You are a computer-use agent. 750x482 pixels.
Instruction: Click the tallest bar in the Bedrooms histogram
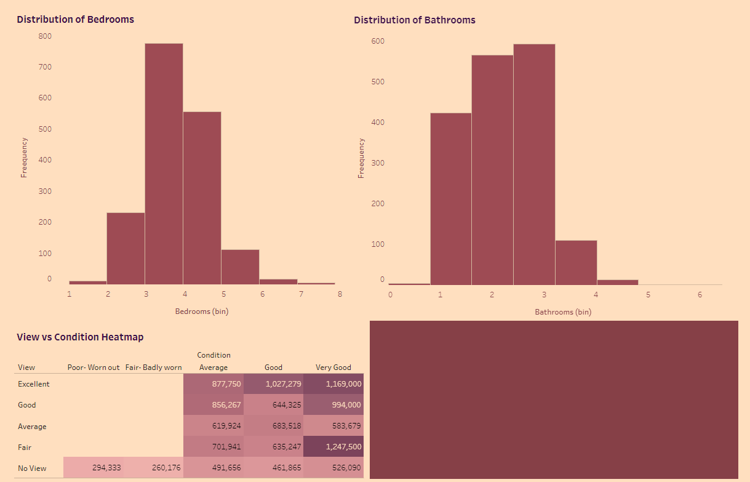tap(164, 163)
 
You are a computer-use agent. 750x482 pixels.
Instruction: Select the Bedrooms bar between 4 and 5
tap(202, 197)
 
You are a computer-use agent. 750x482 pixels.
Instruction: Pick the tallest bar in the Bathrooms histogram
tap(534, 164)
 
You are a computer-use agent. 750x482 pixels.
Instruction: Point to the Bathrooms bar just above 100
tap(576, 262)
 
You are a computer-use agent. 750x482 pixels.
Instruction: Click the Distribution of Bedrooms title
tap(75, 19)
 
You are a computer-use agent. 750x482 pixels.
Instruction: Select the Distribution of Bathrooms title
tap(415, 20)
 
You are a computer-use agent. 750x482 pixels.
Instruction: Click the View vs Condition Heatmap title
tap(80, 337)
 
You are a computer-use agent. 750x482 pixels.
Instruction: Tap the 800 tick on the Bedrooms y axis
tap(45, 36)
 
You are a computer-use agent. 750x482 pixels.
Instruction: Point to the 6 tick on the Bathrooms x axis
tap(700, 295)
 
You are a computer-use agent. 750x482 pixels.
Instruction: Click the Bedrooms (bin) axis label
tap(202, 311)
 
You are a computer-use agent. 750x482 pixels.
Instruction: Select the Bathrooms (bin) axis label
tap(563, 312)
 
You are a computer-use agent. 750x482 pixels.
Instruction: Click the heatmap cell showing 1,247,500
tap(333, 447)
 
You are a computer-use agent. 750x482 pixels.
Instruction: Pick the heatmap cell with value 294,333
tap(94, 468)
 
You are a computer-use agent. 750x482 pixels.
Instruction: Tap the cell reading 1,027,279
tap(274, 384)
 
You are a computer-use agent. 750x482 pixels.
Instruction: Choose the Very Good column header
tap(333, 368)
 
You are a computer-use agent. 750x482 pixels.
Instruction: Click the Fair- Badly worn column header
tap(154, 368)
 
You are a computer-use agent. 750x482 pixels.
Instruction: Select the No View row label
tap(32, 468)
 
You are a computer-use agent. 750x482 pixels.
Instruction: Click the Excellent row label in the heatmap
tap(34, 384)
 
